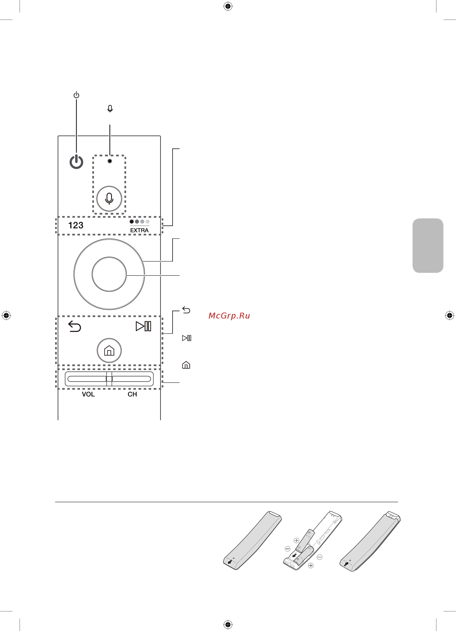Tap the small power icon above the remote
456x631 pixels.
[x=76, y=95]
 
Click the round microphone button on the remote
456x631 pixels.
[x=109, y=199]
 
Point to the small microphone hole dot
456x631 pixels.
[x=110, y=161]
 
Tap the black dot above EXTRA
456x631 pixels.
[x=132, y=221]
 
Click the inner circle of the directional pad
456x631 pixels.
[x=109, y=274]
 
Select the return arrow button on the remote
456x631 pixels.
[x=75, y=326]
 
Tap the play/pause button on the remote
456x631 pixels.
[x=143, y=326]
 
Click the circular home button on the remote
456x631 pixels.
[x=109, y=350]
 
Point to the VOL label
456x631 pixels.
[x=88, y=394]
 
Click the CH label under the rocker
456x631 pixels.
[x=132, y=394]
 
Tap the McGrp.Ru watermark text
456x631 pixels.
[x=229, y=316]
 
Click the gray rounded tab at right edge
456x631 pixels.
[x=428, y=245]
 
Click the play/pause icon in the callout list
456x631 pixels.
[x=186, y=338]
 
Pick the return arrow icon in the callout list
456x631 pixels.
[x=186, y=310]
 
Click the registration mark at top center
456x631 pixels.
[x=228, y=6]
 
